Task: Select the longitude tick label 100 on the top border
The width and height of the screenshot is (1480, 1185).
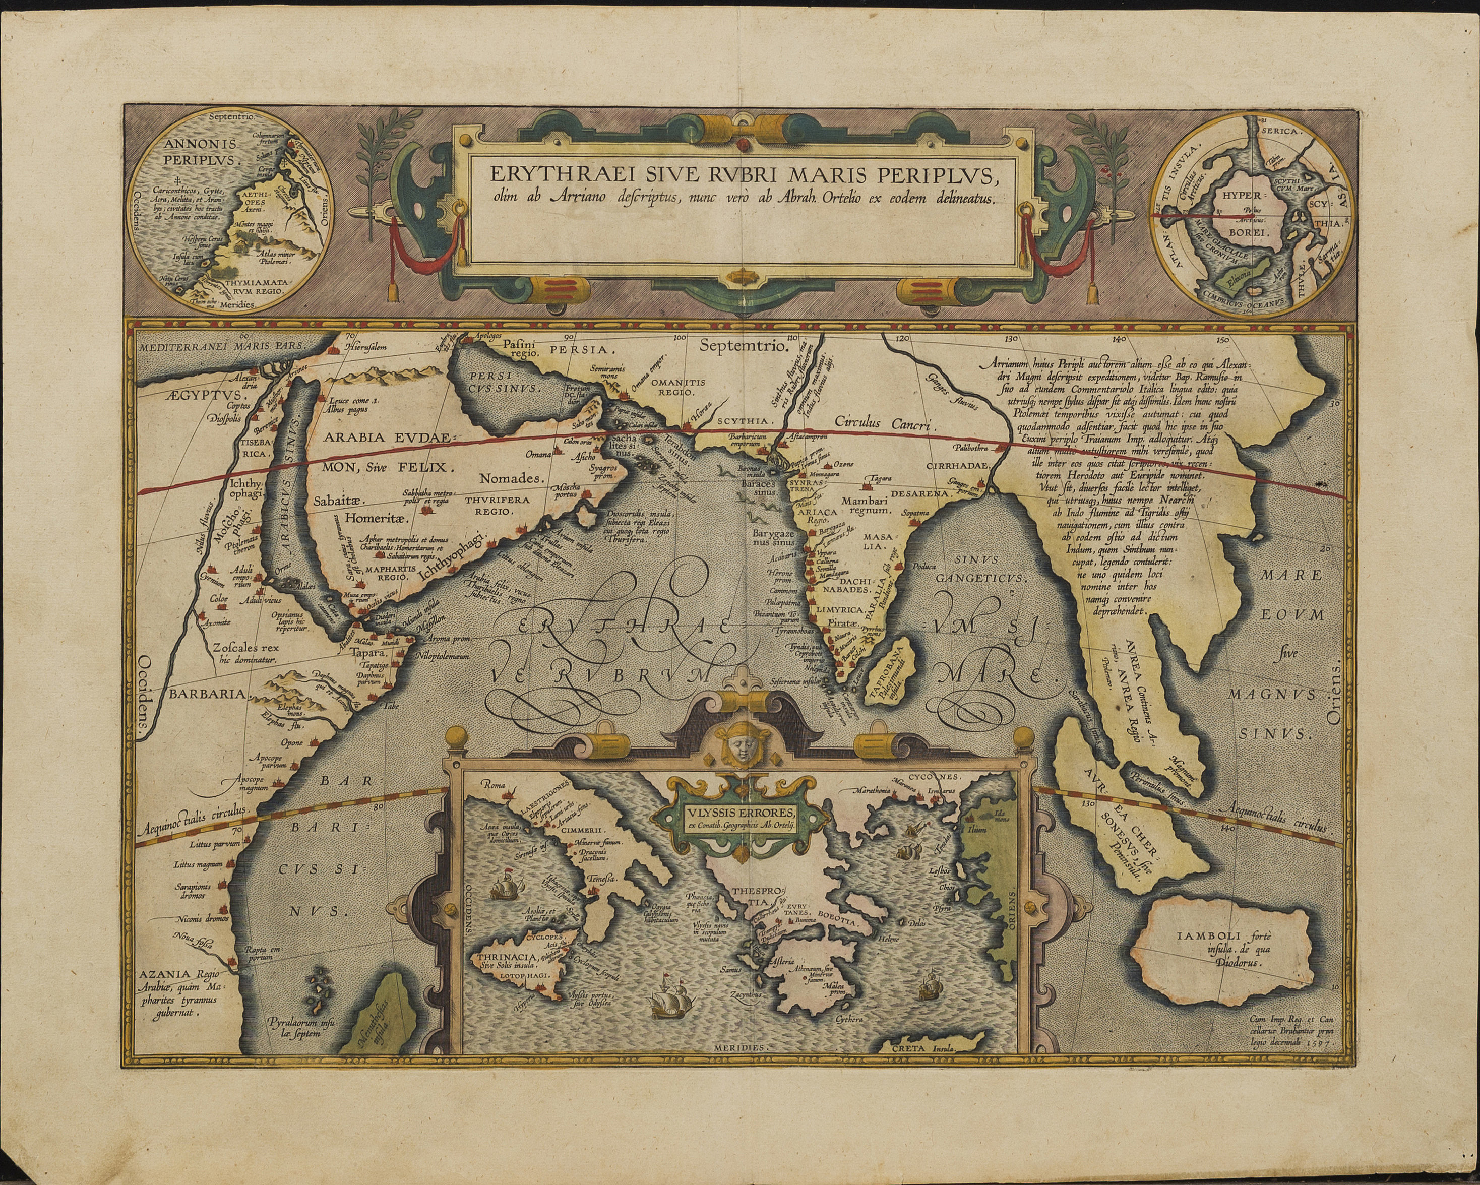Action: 679,337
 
